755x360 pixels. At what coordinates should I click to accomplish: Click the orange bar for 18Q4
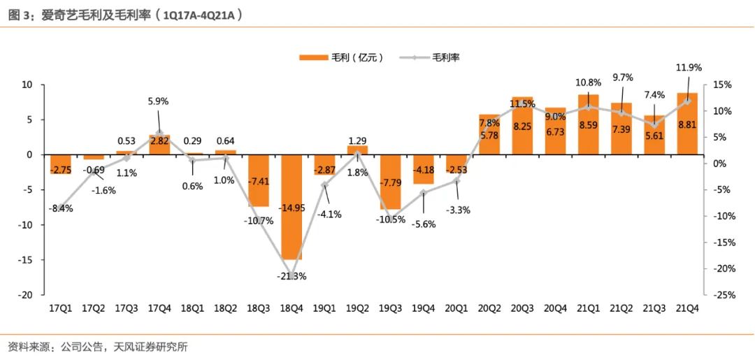click(x=292, y=210)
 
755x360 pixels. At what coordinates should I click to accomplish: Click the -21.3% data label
click(x=292, y=276)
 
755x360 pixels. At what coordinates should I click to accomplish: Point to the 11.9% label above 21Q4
click(x=689, y=68)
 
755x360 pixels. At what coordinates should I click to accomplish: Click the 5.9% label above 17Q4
click(x=159, y=101)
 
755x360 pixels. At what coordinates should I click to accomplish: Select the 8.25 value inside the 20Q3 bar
click(x=523, y=127)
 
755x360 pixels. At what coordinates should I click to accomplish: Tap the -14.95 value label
click(x=292, y=208)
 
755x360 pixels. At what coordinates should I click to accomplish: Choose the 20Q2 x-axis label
click(x=489, y=308)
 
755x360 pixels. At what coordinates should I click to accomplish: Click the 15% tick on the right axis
click(x=723, y=85)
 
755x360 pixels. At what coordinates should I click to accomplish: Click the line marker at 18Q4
click(x=292, y=261)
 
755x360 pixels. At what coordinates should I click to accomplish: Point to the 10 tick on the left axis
click(x=29, y=85)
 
